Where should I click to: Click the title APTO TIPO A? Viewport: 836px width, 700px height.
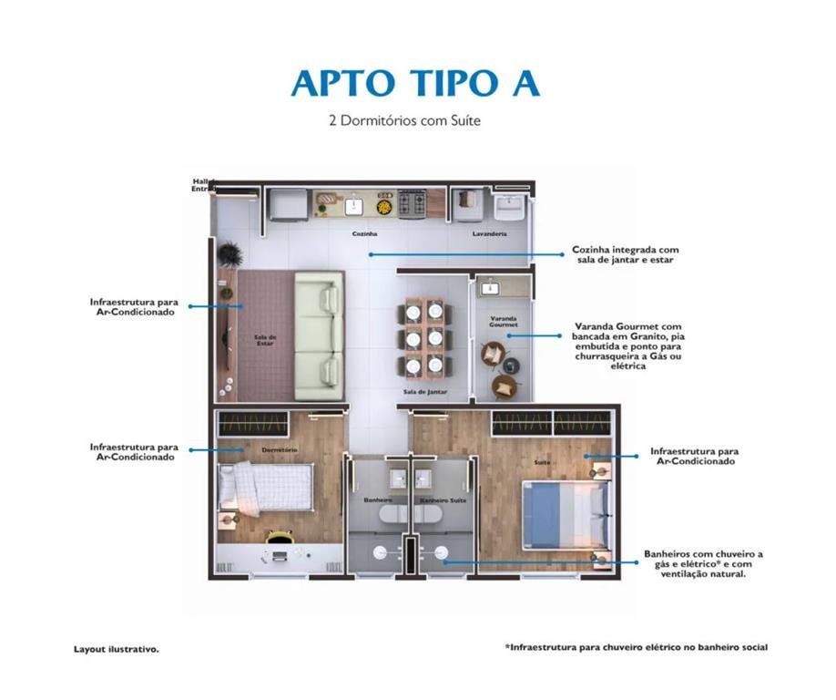tap(415, 83)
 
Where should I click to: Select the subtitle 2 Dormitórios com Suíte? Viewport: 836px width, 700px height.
tap(404, 120)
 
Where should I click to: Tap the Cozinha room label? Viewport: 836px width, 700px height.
tap(364, 233)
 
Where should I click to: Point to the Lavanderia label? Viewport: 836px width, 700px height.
tap(489, 233)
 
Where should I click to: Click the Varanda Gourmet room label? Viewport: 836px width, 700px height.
tap(504, 321)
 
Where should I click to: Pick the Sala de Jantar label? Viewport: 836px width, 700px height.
tap(425, 392)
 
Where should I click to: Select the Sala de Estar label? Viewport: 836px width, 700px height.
tap(265, 340)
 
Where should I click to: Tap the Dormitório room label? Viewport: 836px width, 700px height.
tap(280, 449)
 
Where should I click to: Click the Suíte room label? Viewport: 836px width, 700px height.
tap(542, 462)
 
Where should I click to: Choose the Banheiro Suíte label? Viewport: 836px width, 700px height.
tap(443, 500)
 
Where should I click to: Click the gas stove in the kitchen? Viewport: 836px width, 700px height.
tap(413, 203)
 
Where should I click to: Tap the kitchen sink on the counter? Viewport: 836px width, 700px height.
tap(353, 206)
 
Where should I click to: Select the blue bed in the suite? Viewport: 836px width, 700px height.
tap(566, 515)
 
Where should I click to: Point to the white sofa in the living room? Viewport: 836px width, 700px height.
tap(320, 335)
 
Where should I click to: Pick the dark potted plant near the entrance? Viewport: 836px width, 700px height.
tap(230, 254)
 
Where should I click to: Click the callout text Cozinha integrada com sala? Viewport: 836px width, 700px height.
tap(625, 254)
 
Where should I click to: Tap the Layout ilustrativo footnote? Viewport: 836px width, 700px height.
tap(117, 649)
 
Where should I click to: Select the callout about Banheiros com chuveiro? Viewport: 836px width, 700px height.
tap(703, 564)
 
